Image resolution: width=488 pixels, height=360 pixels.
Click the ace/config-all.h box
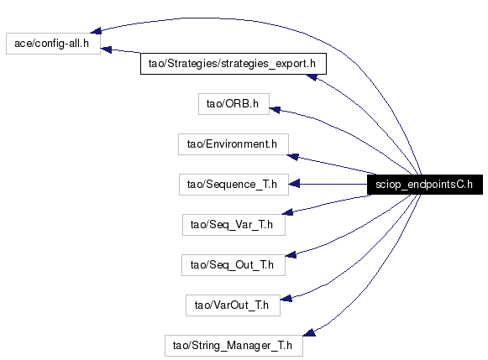pyautogui.click(x=53, y=44)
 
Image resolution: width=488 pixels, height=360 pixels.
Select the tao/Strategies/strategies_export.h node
pyautogui.click(x=234, y=64)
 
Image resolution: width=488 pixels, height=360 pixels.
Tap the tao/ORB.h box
pyautogui.click(x=234, y=104)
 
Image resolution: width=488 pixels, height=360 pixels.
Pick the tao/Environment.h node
pyautogui.click(x=234, y=144)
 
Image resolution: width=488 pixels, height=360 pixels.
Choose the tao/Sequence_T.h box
pyautogui.click(x=234, y=185)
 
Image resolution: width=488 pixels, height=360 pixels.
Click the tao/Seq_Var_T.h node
pyautogui.click(x=234, y=225)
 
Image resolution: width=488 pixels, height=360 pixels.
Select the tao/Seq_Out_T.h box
pyautogui.click(x=234, y=265)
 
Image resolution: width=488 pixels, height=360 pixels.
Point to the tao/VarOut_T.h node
pyautogui.click(x=233, y=305)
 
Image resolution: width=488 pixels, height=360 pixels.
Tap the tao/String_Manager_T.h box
pyautogui.click(x=234, y=346)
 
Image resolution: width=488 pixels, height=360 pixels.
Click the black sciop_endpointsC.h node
pyautogui.click(x=425, y=185)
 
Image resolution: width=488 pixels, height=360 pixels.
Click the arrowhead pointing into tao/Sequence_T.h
pyautogui.click(x=294, y=184)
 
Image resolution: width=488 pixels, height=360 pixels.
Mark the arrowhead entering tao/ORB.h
pyautogui.click(x=275, y=110)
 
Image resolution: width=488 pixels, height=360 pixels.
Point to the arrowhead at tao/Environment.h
pyautogui.click(x=292, y=157)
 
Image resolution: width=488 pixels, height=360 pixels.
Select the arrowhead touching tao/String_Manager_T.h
pyautogui.click(x=309, y=332)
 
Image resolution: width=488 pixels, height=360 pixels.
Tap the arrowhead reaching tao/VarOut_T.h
pyautogui.click(x=286, y=299)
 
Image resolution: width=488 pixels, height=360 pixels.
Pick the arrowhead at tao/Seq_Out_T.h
pyautogui.click(x=291, y=255)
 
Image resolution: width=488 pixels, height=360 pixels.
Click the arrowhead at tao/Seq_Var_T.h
pyautogui.click(x=287, y=212)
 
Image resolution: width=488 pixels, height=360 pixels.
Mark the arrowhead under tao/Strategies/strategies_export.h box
pyautogui.click(x=312, y=77)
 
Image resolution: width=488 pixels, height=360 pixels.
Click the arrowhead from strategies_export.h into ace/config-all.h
pyautogui.click(x=106, y=50)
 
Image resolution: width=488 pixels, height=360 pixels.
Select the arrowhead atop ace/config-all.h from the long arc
pyautogui.click(x=96, y=30)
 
